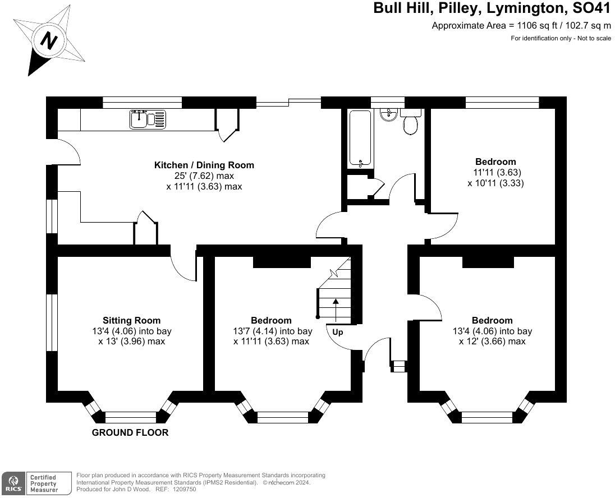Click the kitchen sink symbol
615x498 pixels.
click(148, 119)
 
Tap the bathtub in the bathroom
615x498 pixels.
click(360, 139)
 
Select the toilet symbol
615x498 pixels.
click(410, 121)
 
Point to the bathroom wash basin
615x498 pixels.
click(389, 114)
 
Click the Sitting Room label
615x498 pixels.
click(132, 320)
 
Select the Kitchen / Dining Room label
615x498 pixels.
click(204, 165)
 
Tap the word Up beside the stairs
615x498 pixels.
click(338, 333)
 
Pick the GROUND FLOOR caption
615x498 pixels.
click(130, 432)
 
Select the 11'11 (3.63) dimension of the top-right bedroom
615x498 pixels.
click(497, 172)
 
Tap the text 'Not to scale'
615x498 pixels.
click(594, 38)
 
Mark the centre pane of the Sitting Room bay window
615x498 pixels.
click(131, 417)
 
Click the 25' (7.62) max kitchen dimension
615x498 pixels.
click(204, 176)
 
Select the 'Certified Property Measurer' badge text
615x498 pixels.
click(44, 483)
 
